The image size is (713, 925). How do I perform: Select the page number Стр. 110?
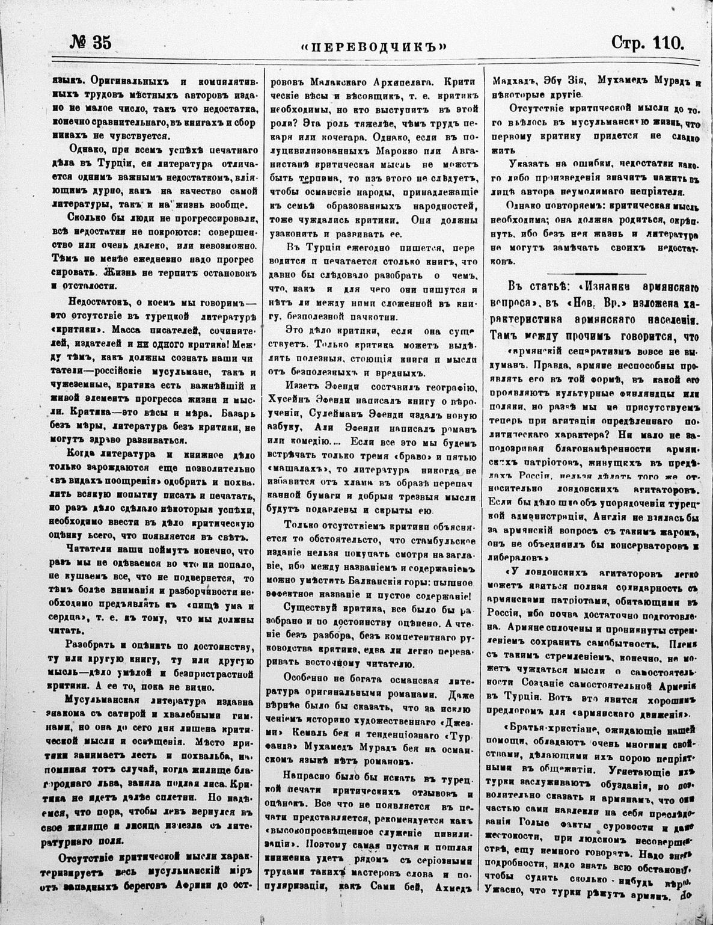pos(647,43)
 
